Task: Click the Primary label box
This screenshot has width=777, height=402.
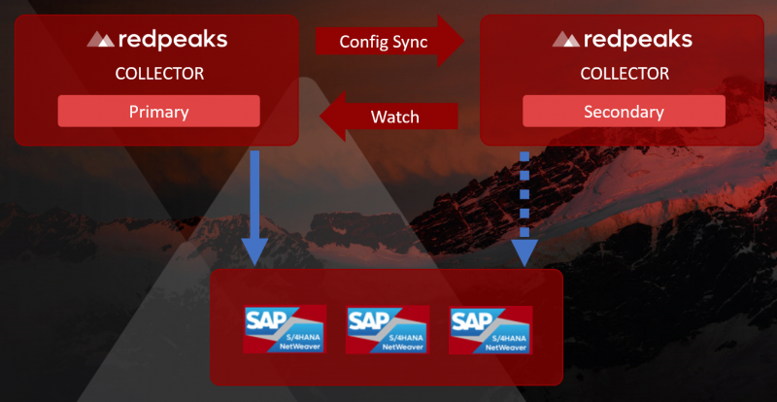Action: point(158,111)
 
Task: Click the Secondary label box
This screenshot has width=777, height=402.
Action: point(624,111)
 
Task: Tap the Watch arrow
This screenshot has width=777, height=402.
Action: point(388,117)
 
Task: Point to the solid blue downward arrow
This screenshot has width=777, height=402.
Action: point(256,204)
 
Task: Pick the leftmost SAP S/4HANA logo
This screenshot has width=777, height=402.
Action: point(283,330)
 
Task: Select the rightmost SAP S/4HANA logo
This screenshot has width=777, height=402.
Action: point(489,330)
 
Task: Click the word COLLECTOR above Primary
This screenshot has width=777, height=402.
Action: point(158,73)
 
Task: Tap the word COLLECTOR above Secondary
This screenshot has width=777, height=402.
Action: point(623,73)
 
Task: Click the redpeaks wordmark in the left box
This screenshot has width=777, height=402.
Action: point(173,40)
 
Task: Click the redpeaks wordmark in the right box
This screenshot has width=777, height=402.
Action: point(638,40)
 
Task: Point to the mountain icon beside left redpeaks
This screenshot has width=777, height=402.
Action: point(101,40)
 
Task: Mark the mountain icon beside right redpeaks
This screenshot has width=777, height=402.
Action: point(566,40)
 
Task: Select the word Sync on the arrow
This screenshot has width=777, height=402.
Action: point(411,42)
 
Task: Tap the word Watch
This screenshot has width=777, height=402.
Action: point(395,117)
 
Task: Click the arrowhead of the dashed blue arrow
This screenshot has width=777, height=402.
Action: point(526,253)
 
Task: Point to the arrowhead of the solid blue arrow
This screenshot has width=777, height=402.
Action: point(256,253)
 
